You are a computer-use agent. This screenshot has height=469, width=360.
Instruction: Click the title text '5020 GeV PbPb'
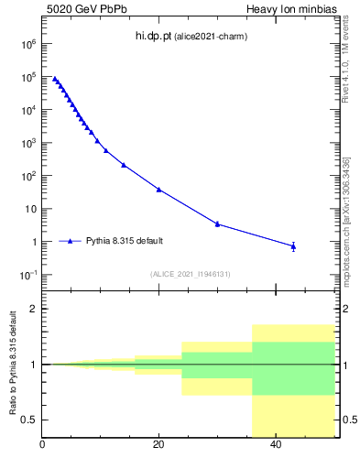coord(76,8)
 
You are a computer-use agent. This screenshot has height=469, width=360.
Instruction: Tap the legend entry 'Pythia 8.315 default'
coord(125,241)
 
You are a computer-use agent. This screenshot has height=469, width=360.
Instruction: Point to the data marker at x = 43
coord(293,245)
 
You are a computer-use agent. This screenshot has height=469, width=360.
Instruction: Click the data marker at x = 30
coord(217,224)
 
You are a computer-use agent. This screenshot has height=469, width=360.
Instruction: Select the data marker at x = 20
coord(158,190)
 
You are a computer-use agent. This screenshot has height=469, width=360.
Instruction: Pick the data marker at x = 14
coord(124,165)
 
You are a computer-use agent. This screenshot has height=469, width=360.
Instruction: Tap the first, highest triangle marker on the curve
coord(55,79)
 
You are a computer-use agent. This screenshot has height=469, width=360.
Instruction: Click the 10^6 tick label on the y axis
coord(27,44)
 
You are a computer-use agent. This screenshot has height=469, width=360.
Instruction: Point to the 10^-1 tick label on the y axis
coord(27,275)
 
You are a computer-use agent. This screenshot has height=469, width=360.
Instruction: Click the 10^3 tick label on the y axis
coord(27,143)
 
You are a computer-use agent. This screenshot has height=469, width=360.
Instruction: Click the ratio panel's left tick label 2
coord(34,309)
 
